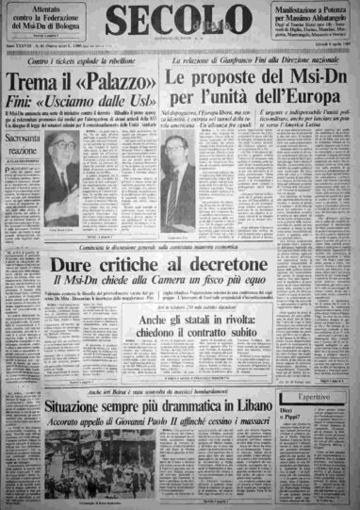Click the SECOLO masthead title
coord(178,22)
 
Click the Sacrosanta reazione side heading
coord(27,145)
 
